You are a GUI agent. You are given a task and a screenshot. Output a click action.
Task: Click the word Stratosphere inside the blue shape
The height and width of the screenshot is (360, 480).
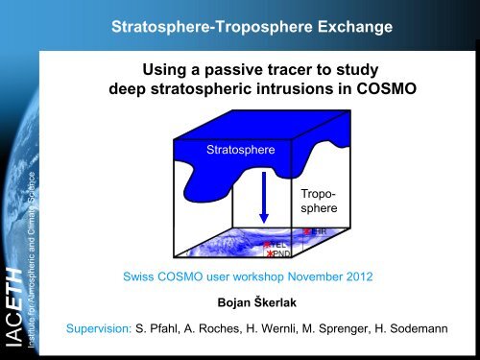click(239, 152)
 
